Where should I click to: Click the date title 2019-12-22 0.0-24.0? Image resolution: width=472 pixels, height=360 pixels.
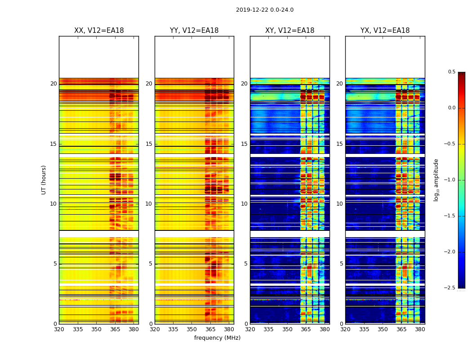point(264,10)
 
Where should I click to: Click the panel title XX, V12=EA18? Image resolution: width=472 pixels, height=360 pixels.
point(99,31)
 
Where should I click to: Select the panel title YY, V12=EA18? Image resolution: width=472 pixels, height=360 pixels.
point(194,31)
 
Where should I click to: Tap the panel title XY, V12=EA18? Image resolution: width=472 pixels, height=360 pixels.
point(289,31)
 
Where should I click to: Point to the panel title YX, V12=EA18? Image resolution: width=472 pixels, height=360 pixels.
point(385,31)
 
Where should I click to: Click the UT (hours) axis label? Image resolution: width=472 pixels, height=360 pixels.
point(44,180)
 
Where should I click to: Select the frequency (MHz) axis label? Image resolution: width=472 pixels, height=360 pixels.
point(217,338)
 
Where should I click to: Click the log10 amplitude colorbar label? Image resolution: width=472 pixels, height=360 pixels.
point(436,180)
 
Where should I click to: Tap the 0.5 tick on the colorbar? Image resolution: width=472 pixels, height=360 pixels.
point(451,72)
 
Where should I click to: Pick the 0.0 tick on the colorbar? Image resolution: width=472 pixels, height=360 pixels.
point(451,108)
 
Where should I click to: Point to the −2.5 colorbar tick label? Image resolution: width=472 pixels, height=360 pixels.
point(450,288)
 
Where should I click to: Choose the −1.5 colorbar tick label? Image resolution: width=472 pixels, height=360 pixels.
point(450,216)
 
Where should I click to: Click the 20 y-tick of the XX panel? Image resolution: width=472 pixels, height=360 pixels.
point(54,84)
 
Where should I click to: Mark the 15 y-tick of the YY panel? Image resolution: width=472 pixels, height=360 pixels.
point(149,144)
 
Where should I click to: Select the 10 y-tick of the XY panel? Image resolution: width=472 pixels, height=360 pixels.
point(245,204)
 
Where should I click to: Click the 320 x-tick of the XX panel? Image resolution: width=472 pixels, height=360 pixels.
point(59,329)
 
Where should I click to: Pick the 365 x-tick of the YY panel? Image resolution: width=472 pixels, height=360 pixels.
point(210,329)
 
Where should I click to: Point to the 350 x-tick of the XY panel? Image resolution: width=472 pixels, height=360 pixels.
point(287,329)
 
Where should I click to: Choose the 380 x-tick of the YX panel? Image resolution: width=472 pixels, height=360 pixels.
point(420,329)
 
